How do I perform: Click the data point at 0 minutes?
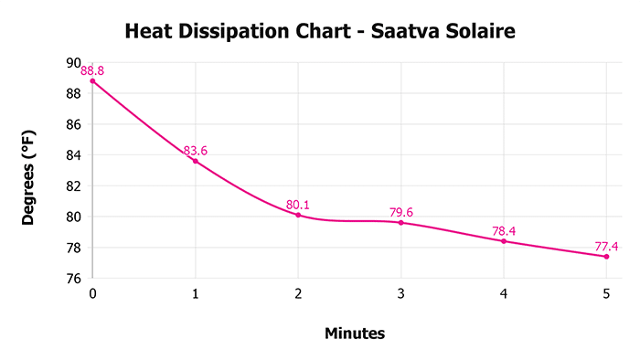point(92,81)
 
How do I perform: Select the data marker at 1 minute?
point(195,161)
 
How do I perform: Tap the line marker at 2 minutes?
point(298,215)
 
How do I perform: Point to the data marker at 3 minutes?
point(400,222)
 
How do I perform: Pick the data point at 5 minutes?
point(606,256)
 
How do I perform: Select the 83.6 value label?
point(195,150)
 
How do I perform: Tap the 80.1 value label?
point(298,205)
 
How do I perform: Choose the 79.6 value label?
point(400,212)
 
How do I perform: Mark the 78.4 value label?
point(504,231)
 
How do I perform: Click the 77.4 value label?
point(606,246)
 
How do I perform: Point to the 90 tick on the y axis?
point(74,63)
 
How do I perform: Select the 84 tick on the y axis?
point(74,155)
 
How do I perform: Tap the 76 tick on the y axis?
point(74,279)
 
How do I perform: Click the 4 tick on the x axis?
point(504,293)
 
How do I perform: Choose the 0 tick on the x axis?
point(92,293)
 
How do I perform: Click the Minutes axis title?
point(355,334)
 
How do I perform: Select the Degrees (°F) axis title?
point(29,172)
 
